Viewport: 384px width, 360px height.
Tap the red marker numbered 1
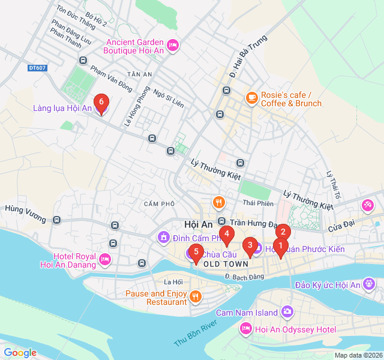280,246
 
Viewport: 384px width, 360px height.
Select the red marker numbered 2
283,232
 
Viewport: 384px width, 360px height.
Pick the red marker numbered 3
250,246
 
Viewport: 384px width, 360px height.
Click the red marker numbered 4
226,235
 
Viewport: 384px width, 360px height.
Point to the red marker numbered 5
196,253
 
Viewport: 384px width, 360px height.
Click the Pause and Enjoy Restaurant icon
195,296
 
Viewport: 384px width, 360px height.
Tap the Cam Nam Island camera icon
287,311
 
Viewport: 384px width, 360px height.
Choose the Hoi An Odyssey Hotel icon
245,328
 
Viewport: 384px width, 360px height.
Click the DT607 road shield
37,68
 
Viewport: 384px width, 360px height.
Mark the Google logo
20,352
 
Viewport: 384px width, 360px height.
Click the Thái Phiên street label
257,203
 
